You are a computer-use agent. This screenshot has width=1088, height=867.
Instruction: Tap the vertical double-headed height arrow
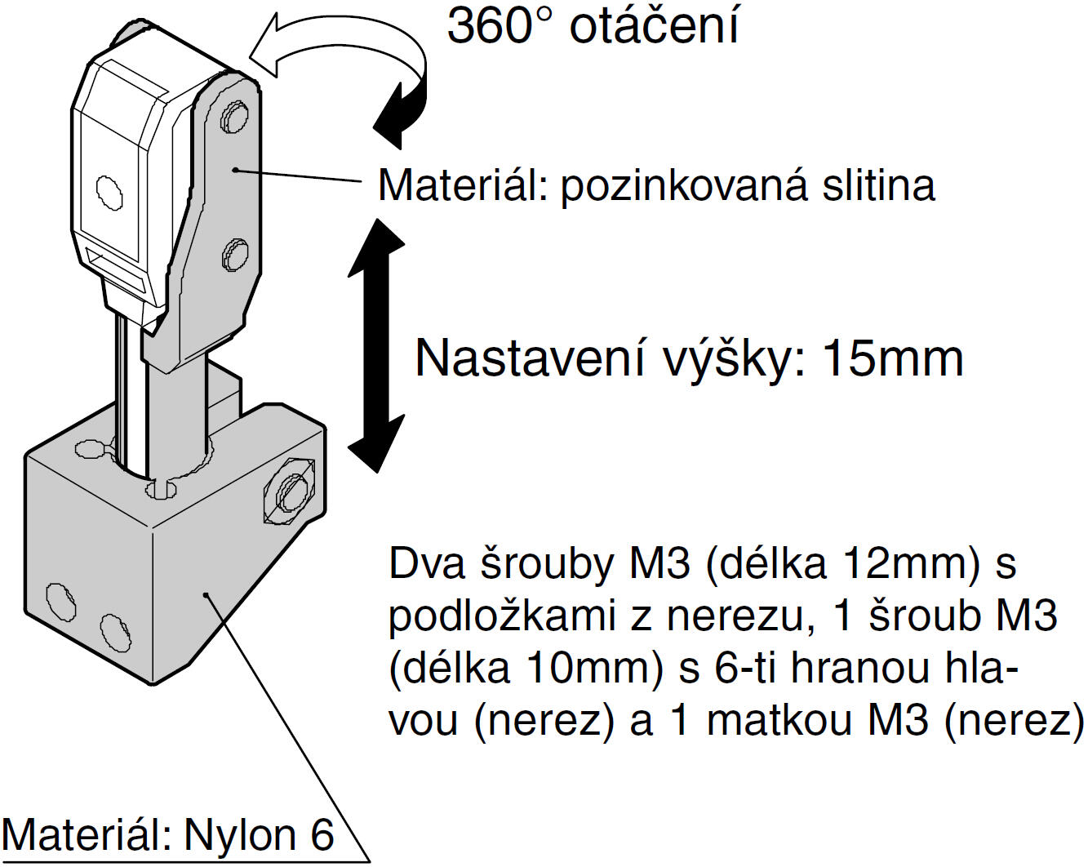coord(376,345)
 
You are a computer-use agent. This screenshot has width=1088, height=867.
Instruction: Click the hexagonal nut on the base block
coord(289,490)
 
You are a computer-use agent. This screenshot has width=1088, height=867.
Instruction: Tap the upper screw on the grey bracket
coord(234,117)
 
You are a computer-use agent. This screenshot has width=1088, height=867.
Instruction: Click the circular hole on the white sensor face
coord(109,192)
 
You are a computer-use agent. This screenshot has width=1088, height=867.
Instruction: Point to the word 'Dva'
coord(427,563)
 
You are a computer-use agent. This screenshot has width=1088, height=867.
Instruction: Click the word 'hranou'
coord(860,669)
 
